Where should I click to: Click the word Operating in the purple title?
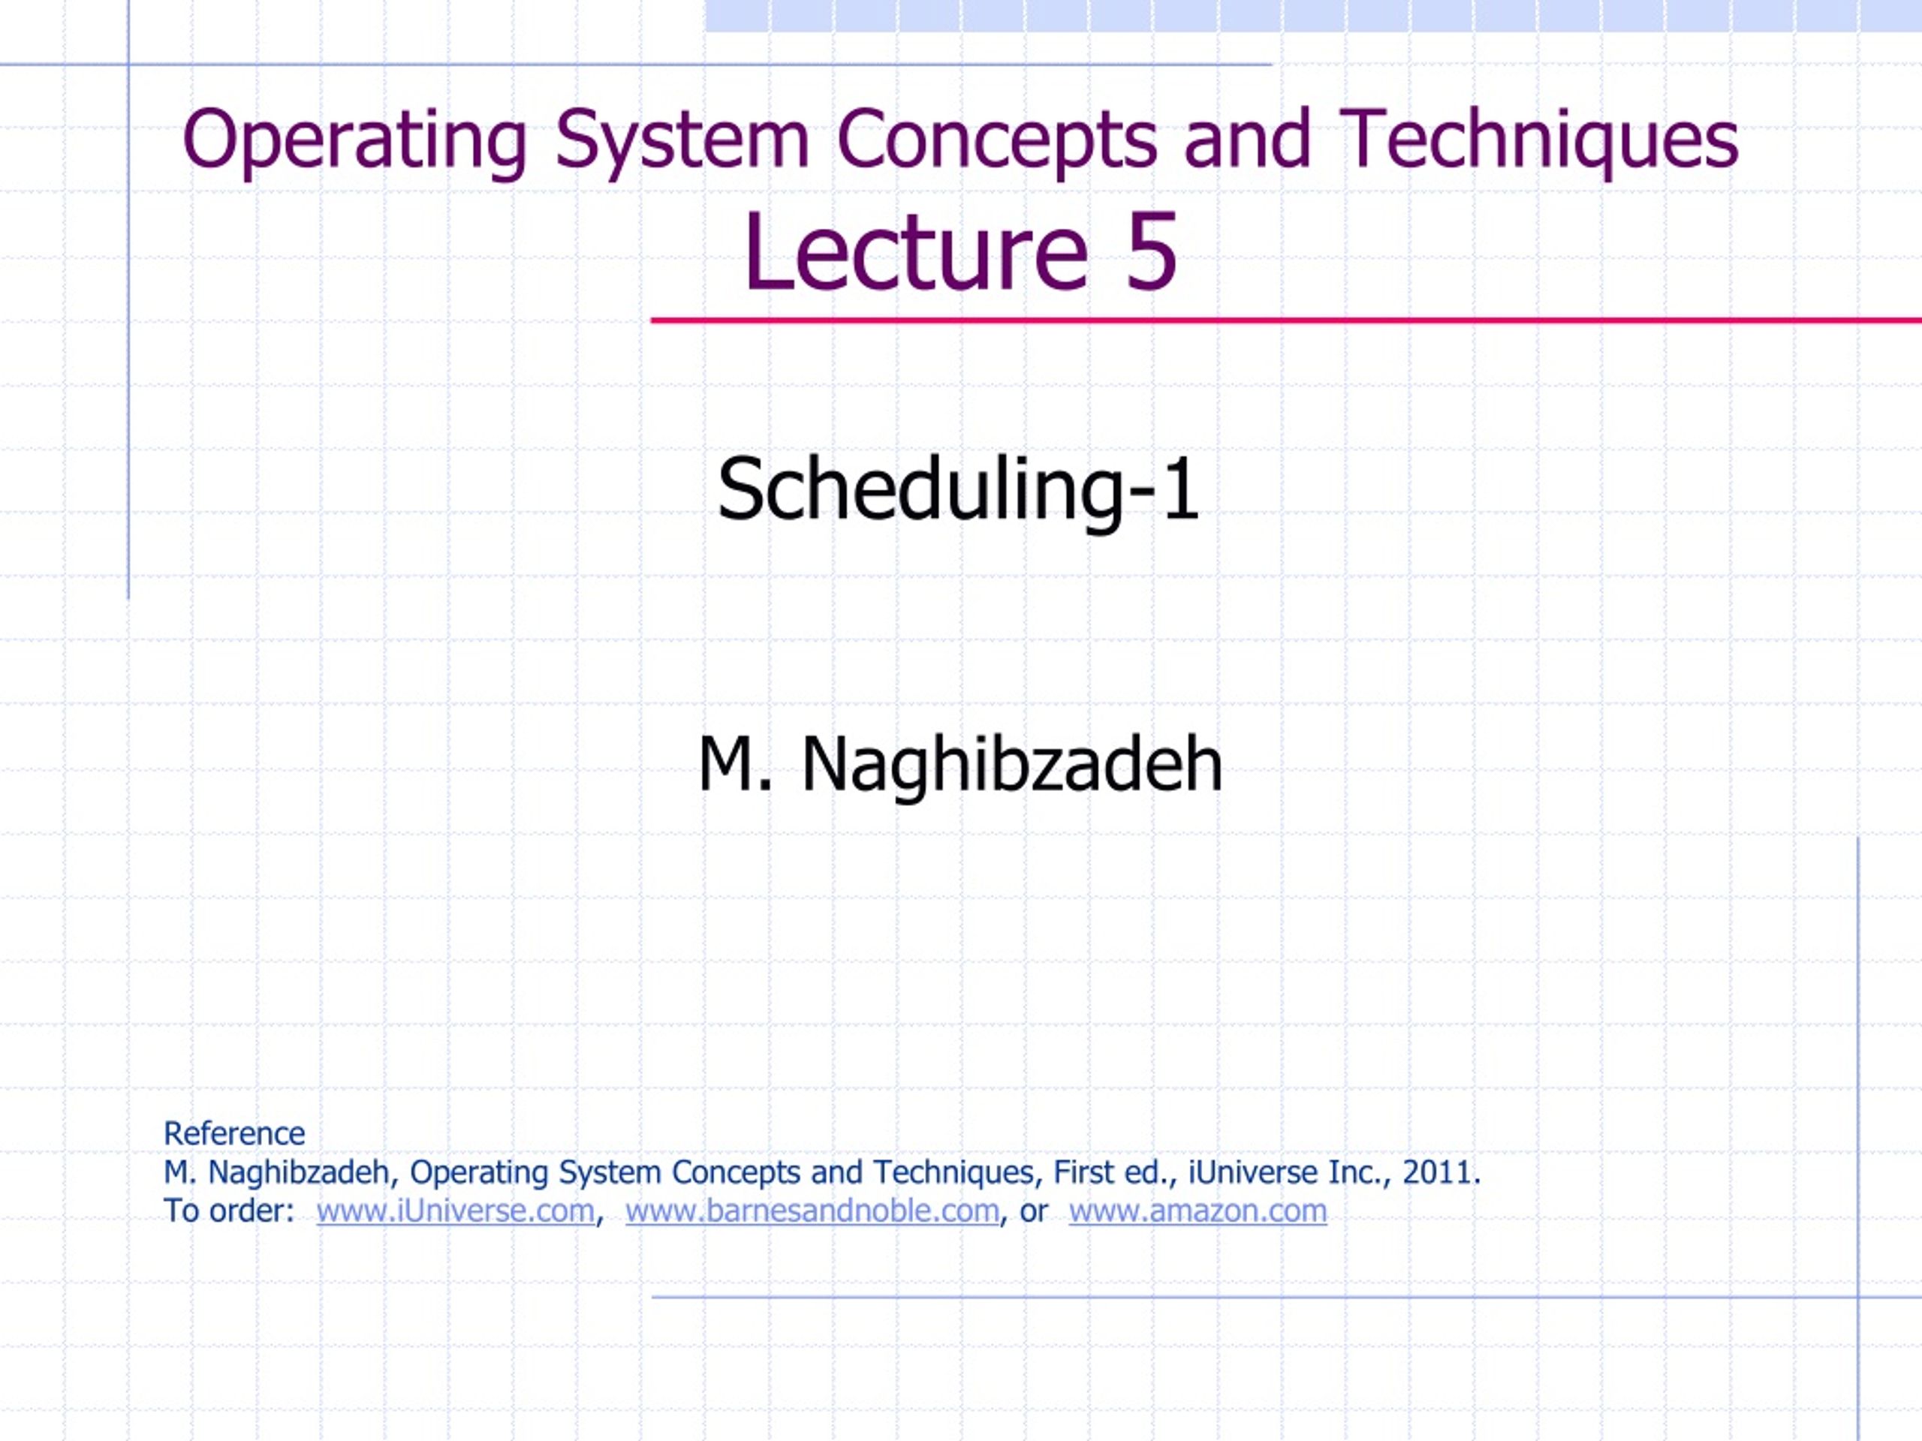354,140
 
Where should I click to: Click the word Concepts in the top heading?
996,140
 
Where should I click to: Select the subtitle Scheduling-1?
959,490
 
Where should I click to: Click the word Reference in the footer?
234,1133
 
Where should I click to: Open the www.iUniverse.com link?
455,1211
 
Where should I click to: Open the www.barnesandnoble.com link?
812,1211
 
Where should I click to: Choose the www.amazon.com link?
1198,1211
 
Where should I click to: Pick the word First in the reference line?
1083,1172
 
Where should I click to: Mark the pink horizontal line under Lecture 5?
1286,321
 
